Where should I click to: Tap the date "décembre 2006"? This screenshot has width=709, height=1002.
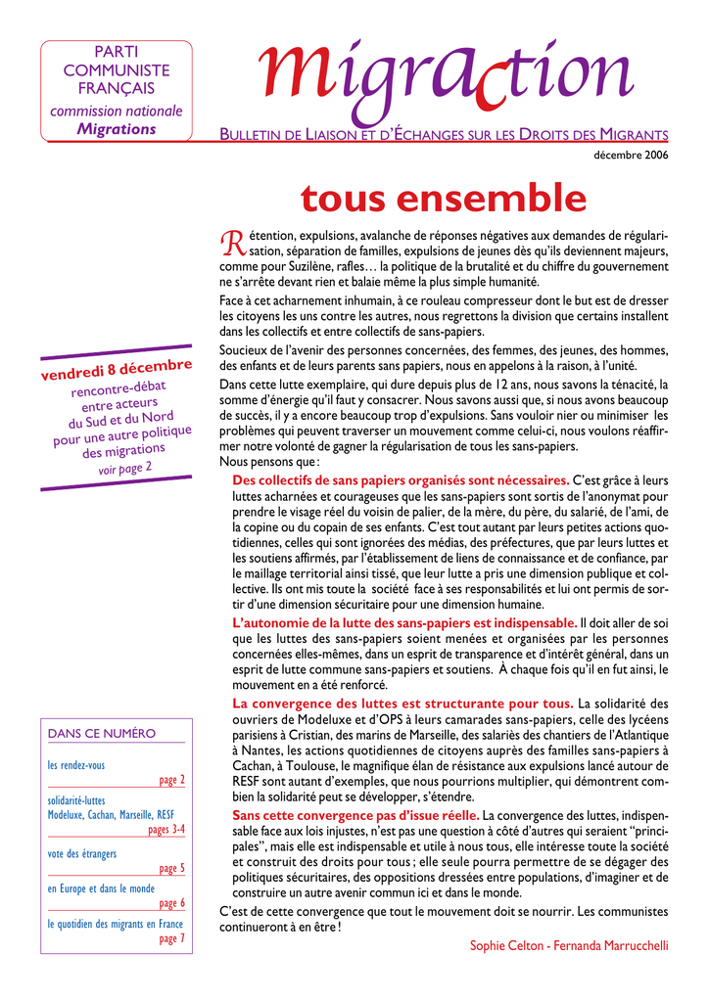point(632,156)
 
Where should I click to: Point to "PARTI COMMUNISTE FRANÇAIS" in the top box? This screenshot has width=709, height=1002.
point(117,69)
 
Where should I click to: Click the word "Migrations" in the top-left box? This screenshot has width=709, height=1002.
point(117,129)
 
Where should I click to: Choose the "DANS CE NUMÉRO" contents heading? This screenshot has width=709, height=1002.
point(102,733)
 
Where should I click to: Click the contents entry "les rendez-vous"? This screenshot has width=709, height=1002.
point(76,765)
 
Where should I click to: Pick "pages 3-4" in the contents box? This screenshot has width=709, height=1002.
point(165,829)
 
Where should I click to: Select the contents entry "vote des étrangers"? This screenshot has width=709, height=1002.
point(82,853)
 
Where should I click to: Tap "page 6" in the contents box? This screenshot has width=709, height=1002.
point(171,903)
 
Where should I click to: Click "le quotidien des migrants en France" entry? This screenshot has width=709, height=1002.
point(116,924)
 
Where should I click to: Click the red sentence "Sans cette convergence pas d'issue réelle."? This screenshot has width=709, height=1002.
point(355,815)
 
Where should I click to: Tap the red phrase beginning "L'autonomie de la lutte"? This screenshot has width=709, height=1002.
point(404,622)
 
